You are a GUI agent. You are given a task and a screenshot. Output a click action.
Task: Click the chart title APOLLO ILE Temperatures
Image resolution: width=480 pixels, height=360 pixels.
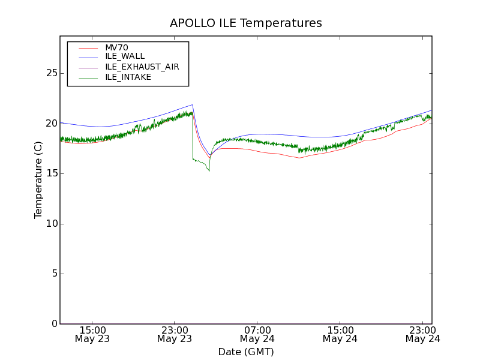(246, 23)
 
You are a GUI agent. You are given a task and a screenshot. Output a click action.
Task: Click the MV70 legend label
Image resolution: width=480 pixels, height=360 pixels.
(116, 48)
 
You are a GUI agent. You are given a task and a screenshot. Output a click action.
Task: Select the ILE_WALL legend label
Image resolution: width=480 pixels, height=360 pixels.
(125, 56)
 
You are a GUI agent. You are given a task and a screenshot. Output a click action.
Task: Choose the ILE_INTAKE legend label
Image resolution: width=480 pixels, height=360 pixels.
(128, 77)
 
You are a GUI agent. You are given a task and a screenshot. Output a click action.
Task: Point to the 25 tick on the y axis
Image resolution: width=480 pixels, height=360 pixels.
(51, 73)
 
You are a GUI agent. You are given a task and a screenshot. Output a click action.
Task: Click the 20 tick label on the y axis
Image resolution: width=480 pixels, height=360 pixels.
(51, 123)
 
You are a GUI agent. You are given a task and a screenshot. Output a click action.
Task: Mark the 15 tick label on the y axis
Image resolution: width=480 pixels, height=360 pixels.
(51, 173)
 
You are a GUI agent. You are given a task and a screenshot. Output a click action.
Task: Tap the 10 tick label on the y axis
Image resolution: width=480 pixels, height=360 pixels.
(51, 224)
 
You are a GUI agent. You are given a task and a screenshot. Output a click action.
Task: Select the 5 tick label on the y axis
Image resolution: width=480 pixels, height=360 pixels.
(54, 274)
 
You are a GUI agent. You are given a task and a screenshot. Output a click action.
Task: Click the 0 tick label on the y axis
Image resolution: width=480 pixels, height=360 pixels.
(54, 324)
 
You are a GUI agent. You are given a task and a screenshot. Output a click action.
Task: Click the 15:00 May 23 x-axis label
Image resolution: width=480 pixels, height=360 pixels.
(92, 334)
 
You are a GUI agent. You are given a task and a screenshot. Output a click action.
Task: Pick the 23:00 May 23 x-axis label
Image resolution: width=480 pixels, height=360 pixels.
(175, 334)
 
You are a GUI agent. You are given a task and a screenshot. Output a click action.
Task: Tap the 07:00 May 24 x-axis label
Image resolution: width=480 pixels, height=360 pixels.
(257, 334)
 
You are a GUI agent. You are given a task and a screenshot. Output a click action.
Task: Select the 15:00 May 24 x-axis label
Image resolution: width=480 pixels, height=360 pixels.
(340, 334)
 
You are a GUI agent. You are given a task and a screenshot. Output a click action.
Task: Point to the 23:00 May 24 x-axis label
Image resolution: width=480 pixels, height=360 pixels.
(422, 334)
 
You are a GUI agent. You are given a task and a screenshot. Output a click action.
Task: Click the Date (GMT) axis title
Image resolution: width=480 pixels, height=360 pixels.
(246, 352)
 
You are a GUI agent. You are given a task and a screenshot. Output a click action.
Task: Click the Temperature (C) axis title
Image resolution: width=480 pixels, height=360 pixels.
(38, 180)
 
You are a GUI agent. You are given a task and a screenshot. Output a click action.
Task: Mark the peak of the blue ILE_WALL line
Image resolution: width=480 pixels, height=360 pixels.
(192, 104)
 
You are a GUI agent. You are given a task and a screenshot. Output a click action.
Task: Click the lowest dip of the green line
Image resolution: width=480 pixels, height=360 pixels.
(209, 171)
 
